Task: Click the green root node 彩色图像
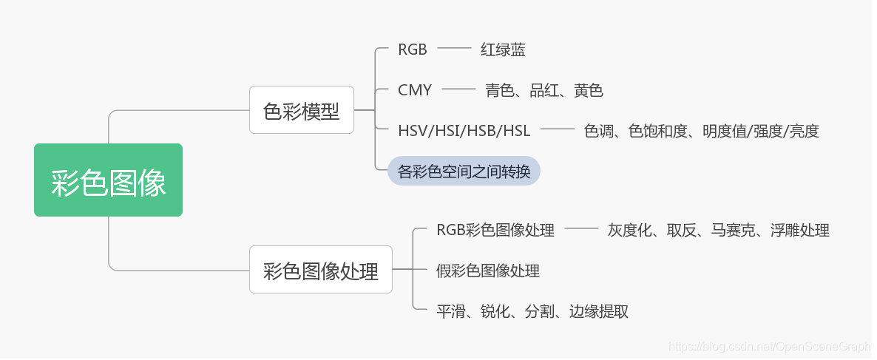click(x=108, y=180)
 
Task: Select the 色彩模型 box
click(x=301, y=110)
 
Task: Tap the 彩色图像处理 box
click(x=320, y=270)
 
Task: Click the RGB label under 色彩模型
click(x=412, y=50)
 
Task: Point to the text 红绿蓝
click(x=502, y=50)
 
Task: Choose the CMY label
click(x=414, y=90)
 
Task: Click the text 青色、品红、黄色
click(x=544, y=90)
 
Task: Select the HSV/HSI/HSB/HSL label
click(x=464, y=131)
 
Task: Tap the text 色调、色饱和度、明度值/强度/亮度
click(x=701, y=131)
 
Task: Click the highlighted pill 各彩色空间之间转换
click(x=464, y=171)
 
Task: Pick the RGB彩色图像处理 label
click(x=495, y=230)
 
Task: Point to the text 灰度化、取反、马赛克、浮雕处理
click(x=718, y=230)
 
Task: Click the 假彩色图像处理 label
click(x=487, y=271)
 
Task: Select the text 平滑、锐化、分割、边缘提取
click(x=532, y=311)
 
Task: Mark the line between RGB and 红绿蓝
click(x=454, y=50)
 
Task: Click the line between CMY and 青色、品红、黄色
click(x=458, y=90)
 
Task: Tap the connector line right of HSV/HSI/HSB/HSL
click(x=558, y=131)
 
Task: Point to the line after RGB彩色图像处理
click(x=581, y=230)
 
